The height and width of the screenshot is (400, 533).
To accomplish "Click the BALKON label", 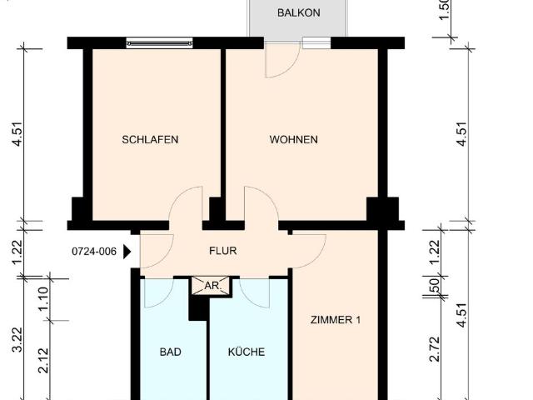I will click(296, 12).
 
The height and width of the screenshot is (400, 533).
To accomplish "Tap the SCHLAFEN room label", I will click(150, 140).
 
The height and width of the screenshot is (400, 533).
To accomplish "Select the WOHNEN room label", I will click(293, 140).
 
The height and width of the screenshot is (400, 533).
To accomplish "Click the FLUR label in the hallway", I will click(222, 249).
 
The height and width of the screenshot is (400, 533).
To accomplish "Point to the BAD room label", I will click(170, 352).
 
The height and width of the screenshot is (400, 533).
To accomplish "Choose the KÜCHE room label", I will click(247, 352).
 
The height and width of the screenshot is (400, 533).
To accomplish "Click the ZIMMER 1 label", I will click(335, 319).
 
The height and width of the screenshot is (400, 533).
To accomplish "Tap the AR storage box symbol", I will click(211, 286).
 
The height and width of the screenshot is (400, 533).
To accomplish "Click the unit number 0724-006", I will click(94, 250).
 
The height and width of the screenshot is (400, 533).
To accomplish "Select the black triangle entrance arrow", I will click(127, 251).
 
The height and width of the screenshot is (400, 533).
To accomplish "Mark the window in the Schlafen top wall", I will click(159, 42).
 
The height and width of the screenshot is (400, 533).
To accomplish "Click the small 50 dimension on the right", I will click(434, 284).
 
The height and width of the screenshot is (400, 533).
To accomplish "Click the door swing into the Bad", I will click(158, 292).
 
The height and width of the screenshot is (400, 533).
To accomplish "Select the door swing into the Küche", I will click(254, 292).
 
